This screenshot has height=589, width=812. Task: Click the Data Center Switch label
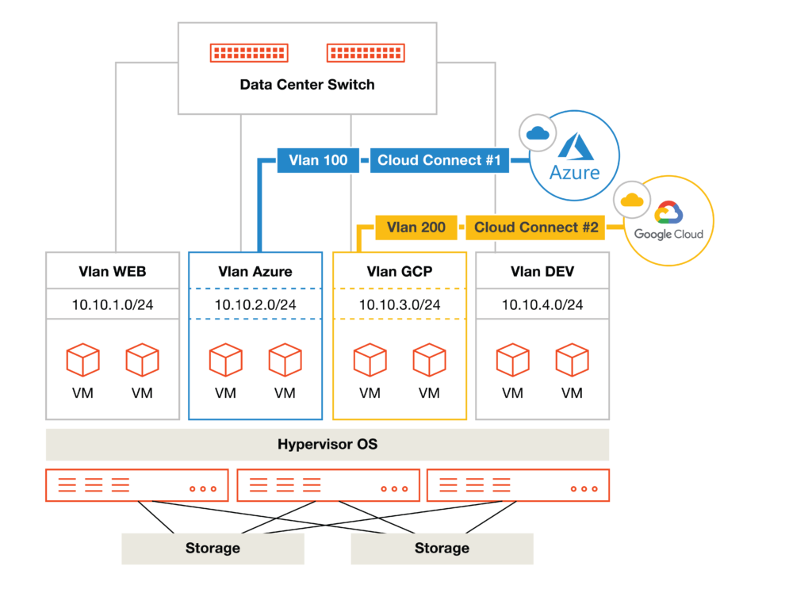pyautogui.click(x=307, y=85)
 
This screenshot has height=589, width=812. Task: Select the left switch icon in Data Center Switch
pyautogui.click(x=249, y=53)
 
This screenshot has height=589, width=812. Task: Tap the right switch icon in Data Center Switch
pyautogui.click(x=366, y=53)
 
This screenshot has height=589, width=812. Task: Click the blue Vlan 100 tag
pyautogui.click(x=318, y=160)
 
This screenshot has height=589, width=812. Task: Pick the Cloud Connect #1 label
pyautogui.click(x=439, y=160)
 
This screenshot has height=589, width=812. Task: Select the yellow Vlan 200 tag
pyautogui.click(x=416, y=228)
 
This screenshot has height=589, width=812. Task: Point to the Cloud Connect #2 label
pyautogui.click(x=536, y=228)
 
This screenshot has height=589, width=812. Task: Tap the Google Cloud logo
pyautogui.click(x=668, y=222)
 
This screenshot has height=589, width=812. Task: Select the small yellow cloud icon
pyautogui.click(x=632, y=200)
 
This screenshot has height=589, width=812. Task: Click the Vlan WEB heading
pyautogui.click(x=113, y=271)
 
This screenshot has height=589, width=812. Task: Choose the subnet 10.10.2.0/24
pyautogui.click(x=255, y=304)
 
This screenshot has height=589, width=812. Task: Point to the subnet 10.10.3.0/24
pyautogui.click(x=400, y=304)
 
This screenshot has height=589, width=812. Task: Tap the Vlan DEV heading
pyautogui.click(x=542, y=271)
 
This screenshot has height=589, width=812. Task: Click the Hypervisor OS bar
pyautogui.click(x=327, y=445)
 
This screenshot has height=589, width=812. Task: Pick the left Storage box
pyautogui.click(x=213, y=548)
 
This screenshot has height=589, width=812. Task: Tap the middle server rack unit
pyautogui.click(x=327, y=485)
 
